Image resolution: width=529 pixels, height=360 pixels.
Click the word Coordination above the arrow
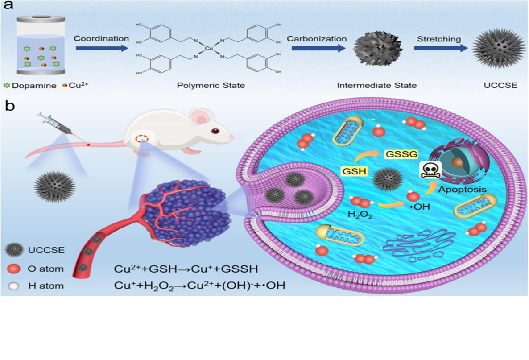click(x=101, y=38)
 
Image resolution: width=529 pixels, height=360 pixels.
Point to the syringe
click(x=55, y=123)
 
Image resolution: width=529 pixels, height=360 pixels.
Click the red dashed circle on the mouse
click(x=142, y=137)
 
